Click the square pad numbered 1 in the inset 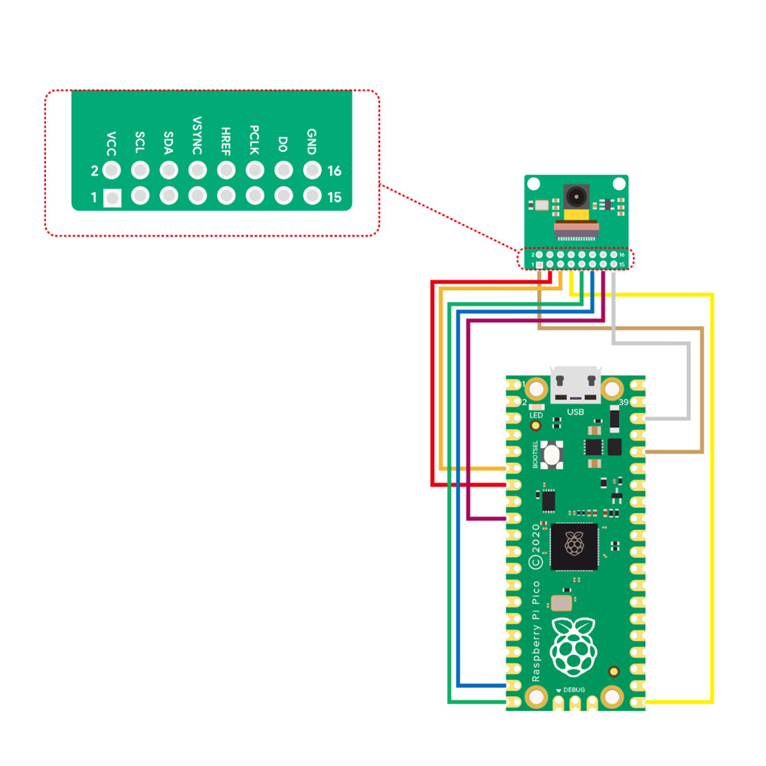113,198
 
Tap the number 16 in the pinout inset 334,171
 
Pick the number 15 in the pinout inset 334,198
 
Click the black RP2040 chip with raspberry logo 574,545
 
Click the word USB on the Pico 575,413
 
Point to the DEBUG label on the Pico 574,690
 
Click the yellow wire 712,498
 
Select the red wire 434,383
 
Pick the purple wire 468,421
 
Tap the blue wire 457,498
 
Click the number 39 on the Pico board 624,402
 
